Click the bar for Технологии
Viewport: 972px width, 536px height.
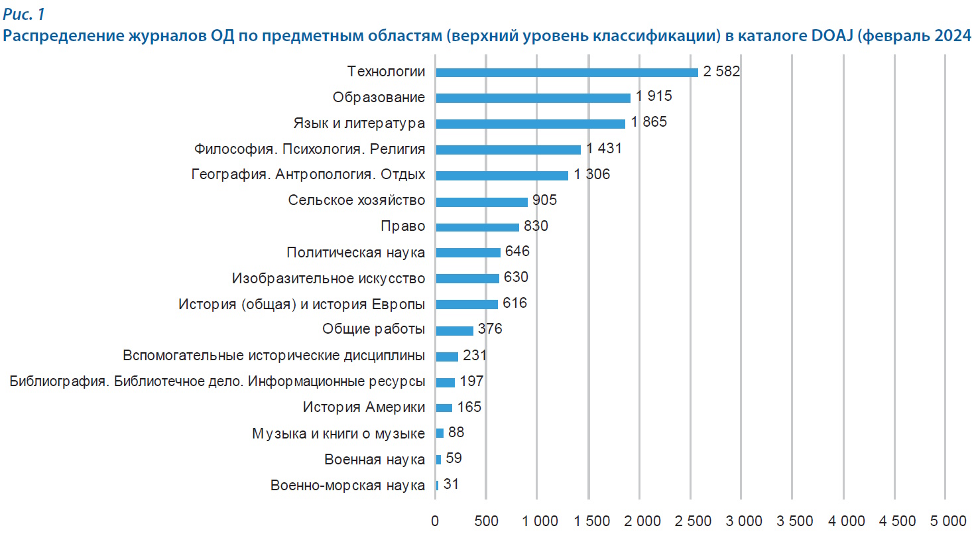coord(567,72)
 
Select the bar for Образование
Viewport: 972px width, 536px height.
coord(533,98)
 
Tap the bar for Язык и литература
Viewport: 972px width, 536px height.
coord(530,124)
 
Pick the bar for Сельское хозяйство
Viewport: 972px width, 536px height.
coord(481,202)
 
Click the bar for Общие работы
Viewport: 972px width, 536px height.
coord(454,330)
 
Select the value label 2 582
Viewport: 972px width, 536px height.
coord(721,72)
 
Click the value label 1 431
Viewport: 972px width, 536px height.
coord(604,149)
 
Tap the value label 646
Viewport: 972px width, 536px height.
coord(517,251)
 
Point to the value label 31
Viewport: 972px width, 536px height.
coord(451,484)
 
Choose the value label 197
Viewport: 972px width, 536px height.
coord(471,381)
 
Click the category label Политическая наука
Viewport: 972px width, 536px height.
coord(355,253)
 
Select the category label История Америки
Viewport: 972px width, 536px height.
coord(364,407)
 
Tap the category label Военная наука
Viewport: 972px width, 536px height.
coord(375,459)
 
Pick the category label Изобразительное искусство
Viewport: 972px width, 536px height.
coord(329,279)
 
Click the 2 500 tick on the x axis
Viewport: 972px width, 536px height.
coord(690,521)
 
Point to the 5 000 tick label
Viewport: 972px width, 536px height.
coord(945,521)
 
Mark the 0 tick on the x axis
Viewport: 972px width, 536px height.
coord(435,521)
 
